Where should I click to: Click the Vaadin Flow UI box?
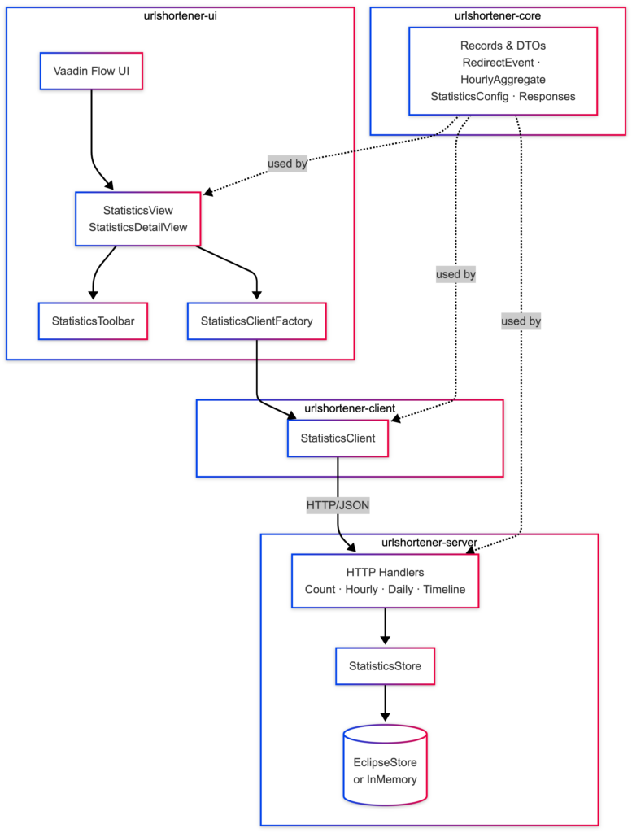91,72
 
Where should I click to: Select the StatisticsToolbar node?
93,321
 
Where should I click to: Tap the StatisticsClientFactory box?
256,321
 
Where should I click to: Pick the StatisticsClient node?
338,438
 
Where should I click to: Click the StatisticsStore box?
385,666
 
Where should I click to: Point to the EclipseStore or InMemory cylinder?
385,765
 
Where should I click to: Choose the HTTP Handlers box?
385,581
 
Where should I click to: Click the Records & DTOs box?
503,72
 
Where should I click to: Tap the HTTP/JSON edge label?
338,505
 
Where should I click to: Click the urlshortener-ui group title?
180,16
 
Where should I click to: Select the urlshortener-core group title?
498,16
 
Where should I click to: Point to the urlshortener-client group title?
350,408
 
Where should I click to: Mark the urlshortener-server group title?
429,543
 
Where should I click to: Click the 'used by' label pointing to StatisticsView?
287,164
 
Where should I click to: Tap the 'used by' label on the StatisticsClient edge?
455,275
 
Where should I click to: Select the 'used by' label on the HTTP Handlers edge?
521,321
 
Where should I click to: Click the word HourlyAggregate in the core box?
503,80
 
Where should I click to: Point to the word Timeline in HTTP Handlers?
444,589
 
